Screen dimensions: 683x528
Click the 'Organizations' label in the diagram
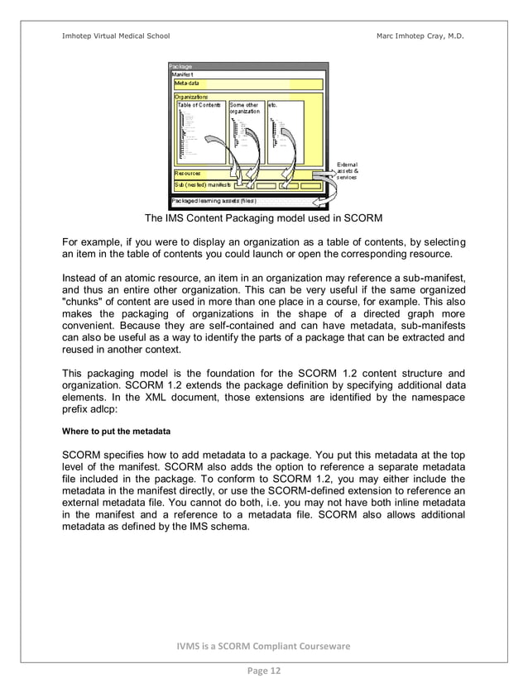[191, 98]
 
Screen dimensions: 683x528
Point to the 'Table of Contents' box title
[199, 105]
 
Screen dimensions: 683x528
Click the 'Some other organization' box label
[244, 108]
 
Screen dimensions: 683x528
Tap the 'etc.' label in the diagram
[273, 105]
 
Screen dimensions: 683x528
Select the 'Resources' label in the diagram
[187, 174]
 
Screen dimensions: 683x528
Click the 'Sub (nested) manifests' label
[202, 185]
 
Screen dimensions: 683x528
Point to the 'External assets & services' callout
[347, 171]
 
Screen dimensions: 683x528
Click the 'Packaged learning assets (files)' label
[213, 201]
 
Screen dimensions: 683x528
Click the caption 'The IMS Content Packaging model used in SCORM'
[263, 219]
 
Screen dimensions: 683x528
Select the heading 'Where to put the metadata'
[117, 431]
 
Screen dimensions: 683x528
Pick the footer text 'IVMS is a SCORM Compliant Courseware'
[263, 645]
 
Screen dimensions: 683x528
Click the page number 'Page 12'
[263, 671]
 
